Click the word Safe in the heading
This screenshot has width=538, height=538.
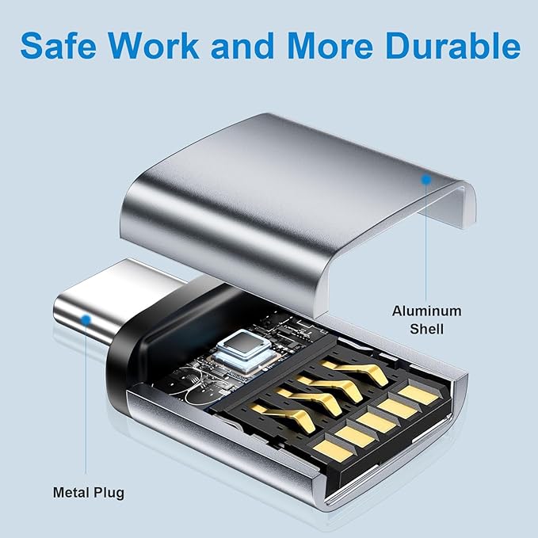pyautogui.click(x=59, y=46)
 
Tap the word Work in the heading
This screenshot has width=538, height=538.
pyautogui.click(x=154, y=46)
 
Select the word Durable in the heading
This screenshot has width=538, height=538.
pyautogui.click(x=453, y=46)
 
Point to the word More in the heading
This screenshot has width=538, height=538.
pyautogui.click(x=330, y=46)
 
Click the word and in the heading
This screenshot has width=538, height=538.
pyautogui.click(x=243, y=46)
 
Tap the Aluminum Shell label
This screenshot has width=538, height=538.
pyautogui.click(x=426, y=320)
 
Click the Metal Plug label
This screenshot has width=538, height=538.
pyautogui.click(x=89, y=493)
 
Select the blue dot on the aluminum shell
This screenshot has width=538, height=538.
pyautogui.click(x=426, y=179)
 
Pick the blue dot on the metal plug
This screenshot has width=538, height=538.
pyautogui.click(x=86, y=320)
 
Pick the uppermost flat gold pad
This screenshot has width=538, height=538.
pyautogui.click(x=418, y=395)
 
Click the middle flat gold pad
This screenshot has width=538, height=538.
pyautogui.click(x=376, y=423)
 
